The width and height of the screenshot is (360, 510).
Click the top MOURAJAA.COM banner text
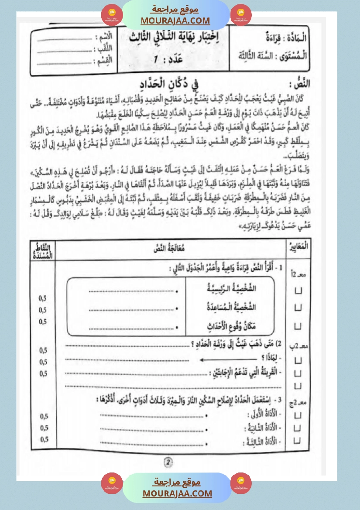pyautogui.click(x=175, y=21)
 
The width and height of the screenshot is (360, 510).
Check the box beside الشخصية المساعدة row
pyautogui.click(x=298, y=308)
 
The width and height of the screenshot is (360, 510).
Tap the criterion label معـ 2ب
pyautogui.click(x=298, y=346)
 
